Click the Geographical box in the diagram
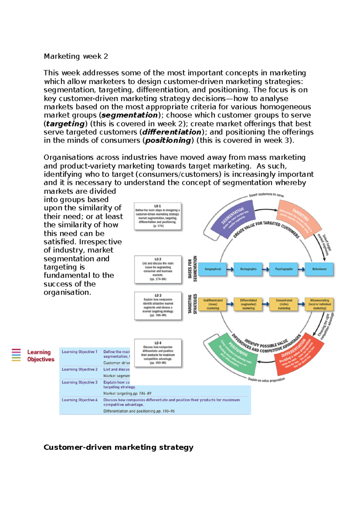(x=213, y=269)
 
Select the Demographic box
(x=248, y=269)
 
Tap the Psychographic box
(x=284, y=269)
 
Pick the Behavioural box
(x=319, y=269)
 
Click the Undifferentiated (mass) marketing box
(x=213, y=304)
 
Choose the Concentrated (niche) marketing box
(x=284, y=304)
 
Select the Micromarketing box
(x=319, y=304)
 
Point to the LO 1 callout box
(x=158, y=216)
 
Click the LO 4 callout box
(x=158, y=353)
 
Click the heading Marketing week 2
(x=76, y=56)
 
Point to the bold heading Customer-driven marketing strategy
(x=118, y=447)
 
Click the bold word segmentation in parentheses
(x=130, y=115)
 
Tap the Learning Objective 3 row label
(x=79, y=382)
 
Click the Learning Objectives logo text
(x=41, y=356)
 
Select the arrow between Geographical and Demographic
(x=230, y=269)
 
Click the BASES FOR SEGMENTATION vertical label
(x=193, y=269)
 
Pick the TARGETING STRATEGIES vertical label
(x=193, y=304)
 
